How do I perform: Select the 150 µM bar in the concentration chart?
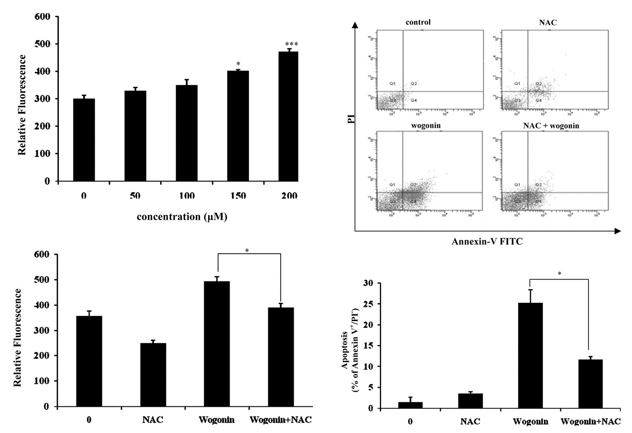238,126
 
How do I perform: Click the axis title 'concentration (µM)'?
182,217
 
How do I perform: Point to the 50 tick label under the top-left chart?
135,196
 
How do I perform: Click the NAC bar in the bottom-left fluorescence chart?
153,374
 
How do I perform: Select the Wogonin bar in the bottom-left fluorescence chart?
217,344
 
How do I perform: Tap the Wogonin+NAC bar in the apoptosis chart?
590,384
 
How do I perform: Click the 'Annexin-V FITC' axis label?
487,242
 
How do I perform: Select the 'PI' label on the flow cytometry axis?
351,119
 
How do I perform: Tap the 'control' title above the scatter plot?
418,22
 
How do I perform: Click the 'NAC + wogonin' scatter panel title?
551,126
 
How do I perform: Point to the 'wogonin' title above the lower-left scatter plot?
426,126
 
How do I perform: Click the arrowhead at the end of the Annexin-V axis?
617,231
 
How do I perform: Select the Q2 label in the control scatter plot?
414,84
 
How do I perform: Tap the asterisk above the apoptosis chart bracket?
559,274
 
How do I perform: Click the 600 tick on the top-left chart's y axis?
42,17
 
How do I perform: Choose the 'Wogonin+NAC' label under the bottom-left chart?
280,420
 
